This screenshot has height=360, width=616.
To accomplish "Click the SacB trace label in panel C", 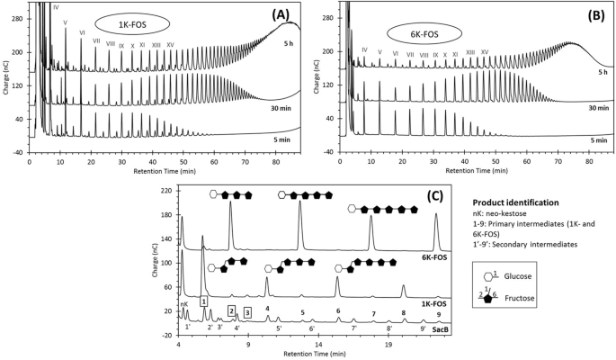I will pos(440,330).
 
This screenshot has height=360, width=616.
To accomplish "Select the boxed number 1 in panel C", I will pos(204,301).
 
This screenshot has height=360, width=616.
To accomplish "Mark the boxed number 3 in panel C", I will pos(247,311).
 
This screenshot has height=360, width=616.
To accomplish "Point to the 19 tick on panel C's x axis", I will pos(388,345).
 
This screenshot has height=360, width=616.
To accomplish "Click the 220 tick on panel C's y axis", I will pos(165,192).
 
